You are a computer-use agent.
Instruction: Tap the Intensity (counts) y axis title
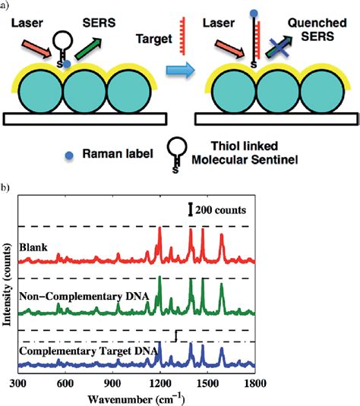pyautogui.click(x=8, y=288)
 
